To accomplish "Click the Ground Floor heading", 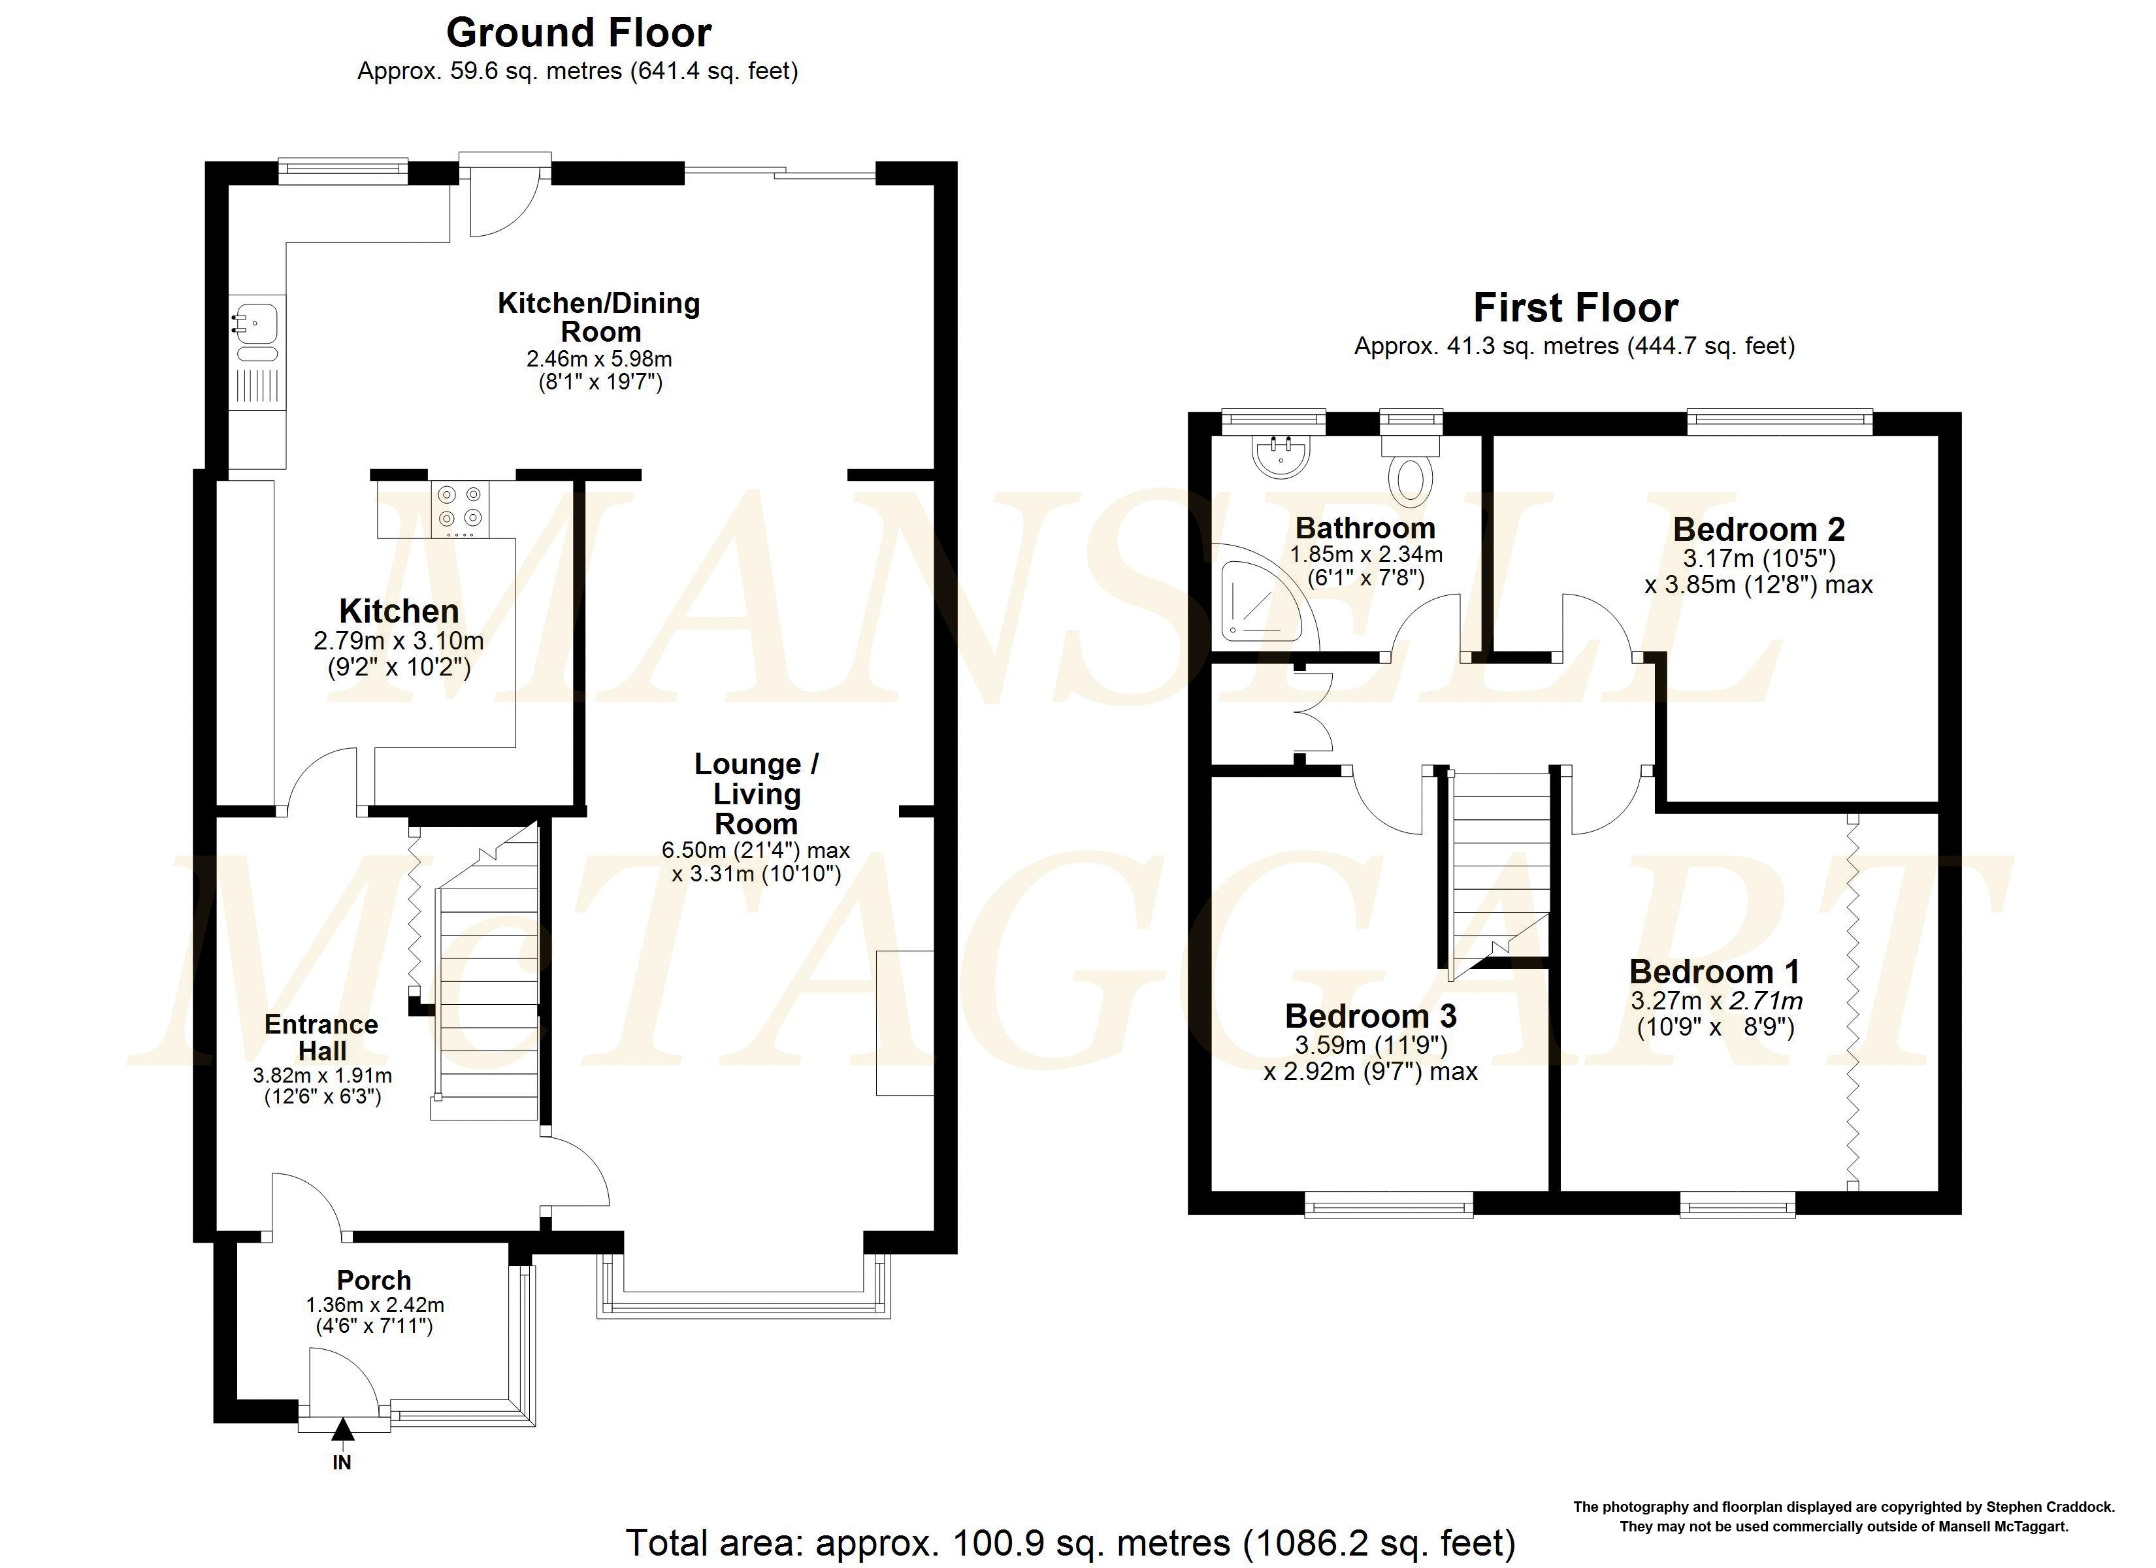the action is (x=578, y=33).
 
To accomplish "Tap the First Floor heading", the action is (x=1575, y=308).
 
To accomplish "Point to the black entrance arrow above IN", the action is (x=342, y=1429).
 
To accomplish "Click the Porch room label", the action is (x=374, y=1280).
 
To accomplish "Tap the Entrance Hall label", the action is (x=321, y=1037).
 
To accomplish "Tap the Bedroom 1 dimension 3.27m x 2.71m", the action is (x=1716, y=1000).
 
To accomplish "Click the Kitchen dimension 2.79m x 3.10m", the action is (x=399, y=641).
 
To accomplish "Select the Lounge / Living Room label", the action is (x=756, y=793).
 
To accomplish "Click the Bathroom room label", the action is (x=1365, y=528).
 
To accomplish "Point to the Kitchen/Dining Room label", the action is (x=599, y=318).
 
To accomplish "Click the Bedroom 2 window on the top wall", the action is (x=1778, y=421).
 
